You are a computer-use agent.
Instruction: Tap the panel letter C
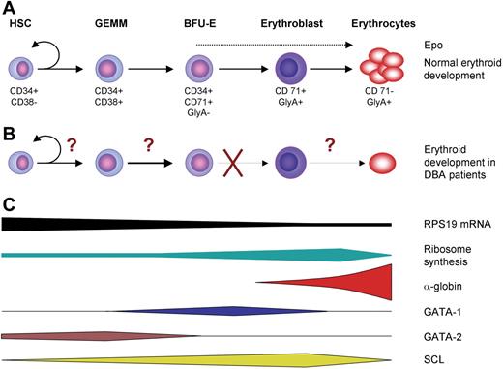click(8, 204)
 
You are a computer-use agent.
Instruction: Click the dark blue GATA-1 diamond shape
click(222, 311)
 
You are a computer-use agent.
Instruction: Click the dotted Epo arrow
click(290, 44)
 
